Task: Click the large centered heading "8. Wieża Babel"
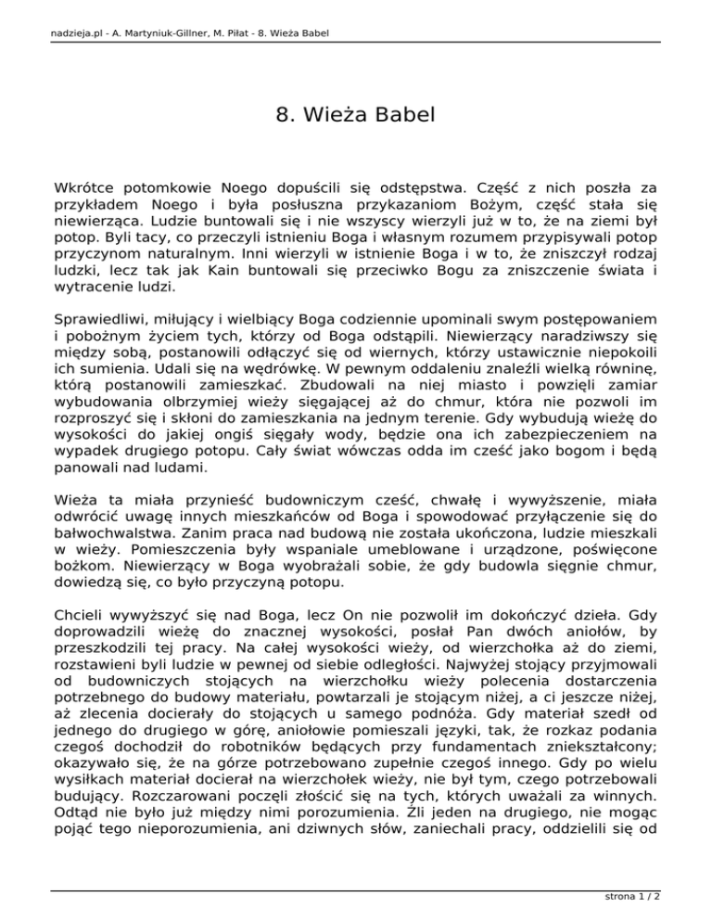[x=355, y=116]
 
